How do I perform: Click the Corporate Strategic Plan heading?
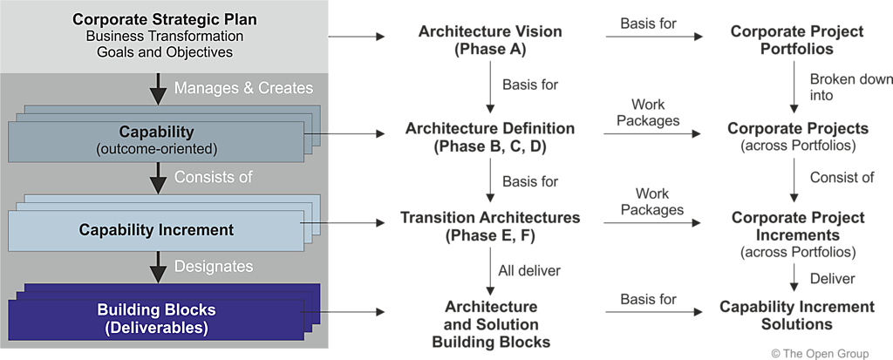165,19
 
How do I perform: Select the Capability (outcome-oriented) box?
158,140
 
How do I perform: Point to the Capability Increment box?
157,230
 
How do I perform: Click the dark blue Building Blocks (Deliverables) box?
156,319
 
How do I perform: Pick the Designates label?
214,266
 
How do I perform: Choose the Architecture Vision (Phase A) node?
490,40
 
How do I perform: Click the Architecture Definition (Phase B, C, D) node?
490,138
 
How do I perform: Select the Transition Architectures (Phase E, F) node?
490,226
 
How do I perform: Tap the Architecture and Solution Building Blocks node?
491,323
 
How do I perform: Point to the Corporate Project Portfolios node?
796,40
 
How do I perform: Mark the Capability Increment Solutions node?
796,315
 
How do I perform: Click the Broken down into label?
850,87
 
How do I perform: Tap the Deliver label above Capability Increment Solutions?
832,278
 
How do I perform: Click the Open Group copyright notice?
820,353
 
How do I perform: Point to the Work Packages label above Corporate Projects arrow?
647,113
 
